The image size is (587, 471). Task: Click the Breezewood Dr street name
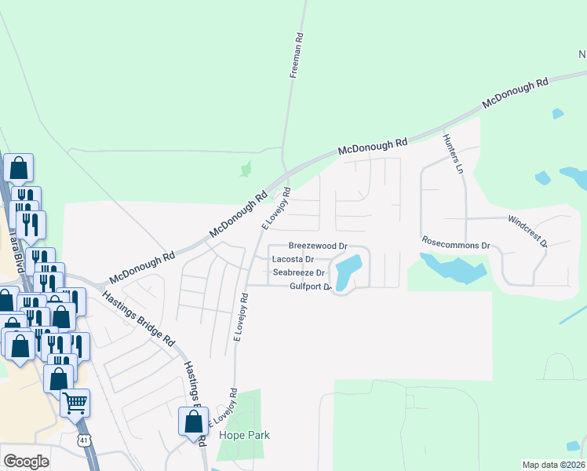[318, 246]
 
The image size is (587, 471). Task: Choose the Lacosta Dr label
[292, 259]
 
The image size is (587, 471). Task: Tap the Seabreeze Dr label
[297, 272]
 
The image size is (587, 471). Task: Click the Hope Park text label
[244, 435]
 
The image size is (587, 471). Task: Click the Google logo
[26, 462]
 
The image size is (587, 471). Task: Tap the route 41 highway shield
[85, 440]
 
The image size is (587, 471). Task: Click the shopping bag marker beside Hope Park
[193, 422]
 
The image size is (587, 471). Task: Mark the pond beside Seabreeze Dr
[348, 272]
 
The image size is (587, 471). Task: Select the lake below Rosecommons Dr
[453, 269]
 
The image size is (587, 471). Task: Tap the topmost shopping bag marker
[19, 168]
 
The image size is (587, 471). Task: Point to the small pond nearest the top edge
[557, 114]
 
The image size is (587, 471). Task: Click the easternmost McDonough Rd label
[515, 93]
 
